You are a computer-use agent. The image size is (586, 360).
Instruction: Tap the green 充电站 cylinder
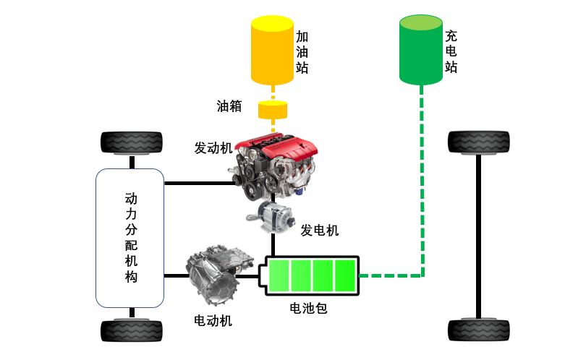pyautogui.click(x=422, y=49)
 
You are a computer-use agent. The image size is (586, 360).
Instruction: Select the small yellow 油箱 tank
pyautogui.click(x=273, y=111)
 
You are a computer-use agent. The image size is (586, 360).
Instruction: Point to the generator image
pyautogui.click(x=273, y=215)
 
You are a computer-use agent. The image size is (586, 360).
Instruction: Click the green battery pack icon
pyautogui.click(x=312, y=275)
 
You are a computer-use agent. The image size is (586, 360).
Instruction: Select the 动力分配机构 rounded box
pyautogui.click(x=129, y=237)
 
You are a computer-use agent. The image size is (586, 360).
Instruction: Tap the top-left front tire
pyautogui.click(x=131, y=142)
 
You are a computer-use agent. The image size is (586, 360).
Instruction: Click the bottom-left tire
pyautogui.click(x=131, y=330)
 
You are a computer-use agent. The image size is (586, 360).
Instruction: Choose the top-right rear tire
pyautogui.click(x=478, y=142)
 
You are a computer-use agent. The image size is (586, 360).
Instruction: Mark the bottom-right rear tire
pyautogui.click(x=478, y=330)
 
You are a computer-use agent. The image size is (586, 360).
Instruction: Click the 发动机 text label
pyautogui.click(x=213, y=148)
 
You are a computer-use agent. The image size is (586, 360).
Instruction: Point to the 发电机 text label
pyautogui.click(x=320, y=231)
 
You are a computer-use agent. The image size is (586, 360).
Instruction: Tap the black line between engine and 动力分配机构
pyautogui.click(x=199, y=183)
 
